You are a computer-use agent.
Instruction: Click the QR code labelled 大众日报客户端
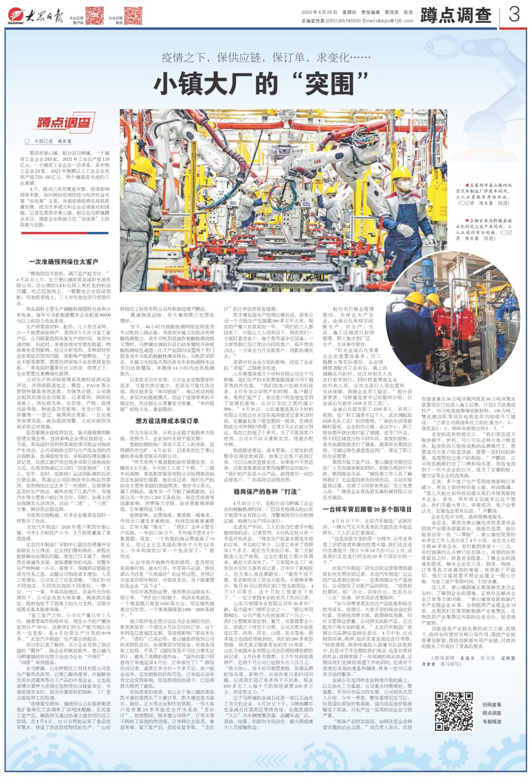95,16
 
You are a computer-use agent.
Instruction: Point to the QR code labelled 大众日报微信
133,16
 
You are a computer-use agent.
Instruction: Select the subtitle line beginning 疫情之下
266,57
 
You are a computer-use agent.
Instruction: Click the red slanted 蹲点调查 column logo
64,123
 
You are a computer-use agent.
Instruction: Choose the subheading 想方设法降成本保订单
167,420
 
